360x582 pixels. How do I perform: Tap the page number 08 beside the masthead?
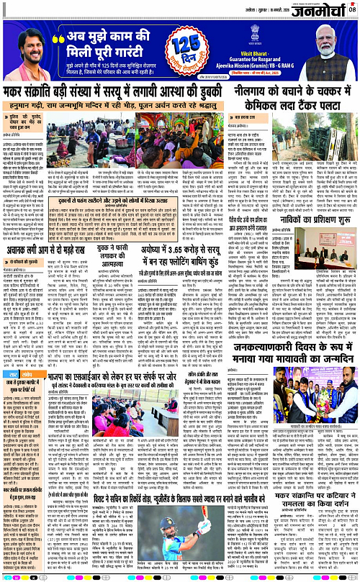coord(352,8)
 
